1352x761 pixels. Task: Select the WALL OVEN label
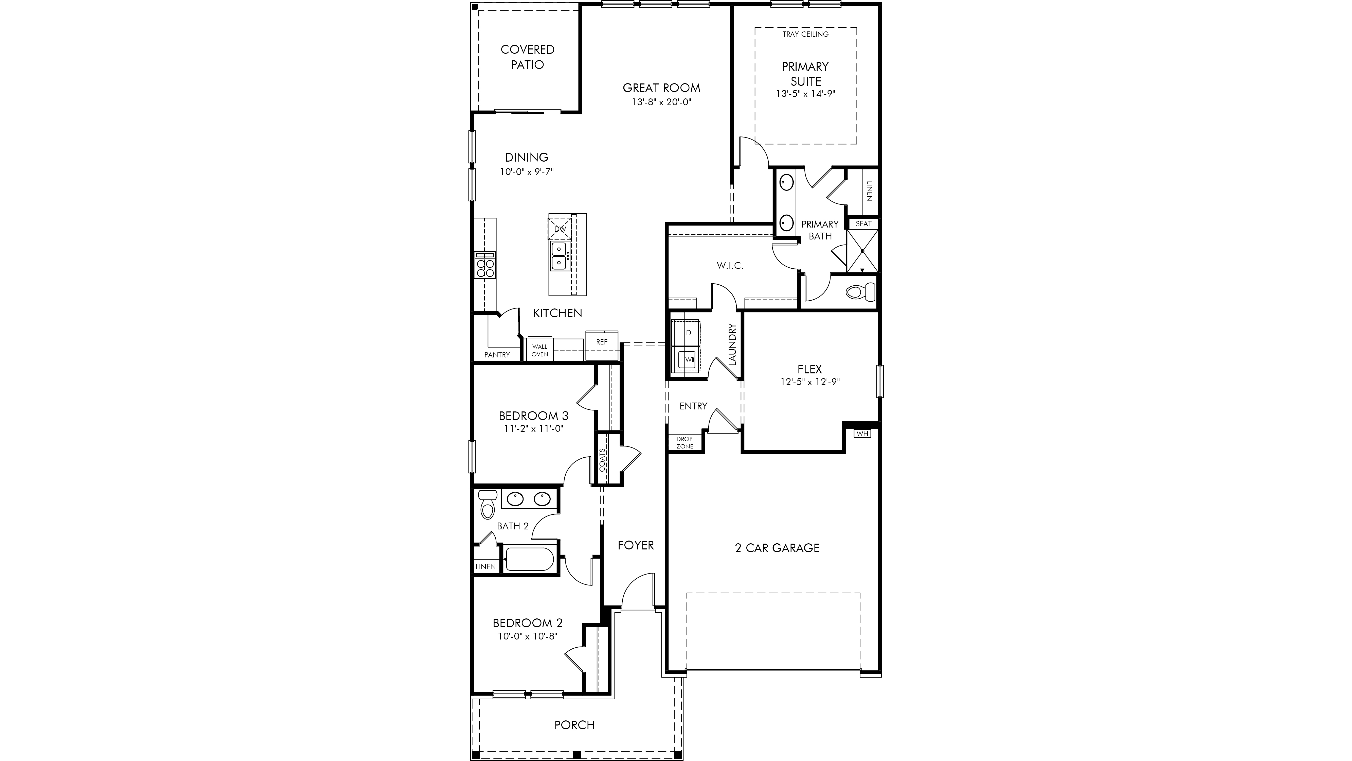pyautogui.click(x=539, y=350)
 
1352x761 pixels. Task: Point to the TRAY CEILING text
pyautogui.click(x=806, y=34)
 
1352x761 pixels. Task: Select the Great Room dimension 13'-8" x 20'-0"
pyautogui.click(x=661, y=102)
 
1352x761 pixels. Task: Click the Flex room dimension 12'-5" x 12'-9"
pyautogui.click(x=810, y=382)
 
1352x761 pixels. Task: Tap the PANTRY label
pyautogui.click(x=497, y=355)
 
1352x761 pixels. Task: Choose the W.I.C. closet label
pyautogui.click(x=730, y=266)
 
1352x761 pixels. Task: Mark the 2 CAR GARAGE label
pyautogui.click(x=777, y=548)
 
